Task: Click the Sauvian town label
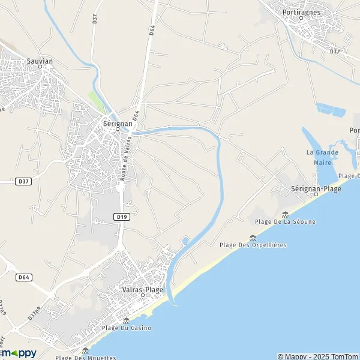40,61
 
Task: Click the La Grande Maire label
322,156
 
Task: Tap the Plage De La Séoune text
285,222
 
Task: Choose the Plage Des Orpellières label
253,245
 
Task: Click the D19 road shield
121,217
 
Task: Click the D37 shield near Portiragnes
335,52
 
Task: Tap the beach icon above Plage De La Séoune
285,214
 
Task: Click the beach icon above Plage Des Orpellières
253,236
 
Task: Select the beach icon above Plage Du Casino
127,320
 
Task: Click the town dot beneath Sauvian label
40,67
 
